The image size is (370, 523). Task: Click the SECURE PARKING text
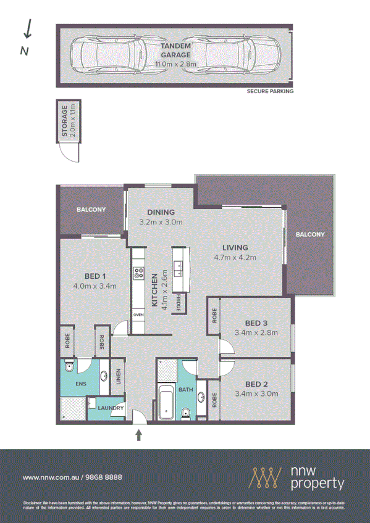pos(270,91)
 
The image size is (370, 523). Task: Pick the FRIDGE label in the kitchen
pos(179,303)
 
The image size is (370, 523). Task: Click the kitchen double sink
pos(180,267)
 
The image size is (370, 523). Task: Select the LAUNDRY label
pos(111,408)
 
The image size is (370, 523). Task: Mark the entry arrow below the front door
pos(138,436)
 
